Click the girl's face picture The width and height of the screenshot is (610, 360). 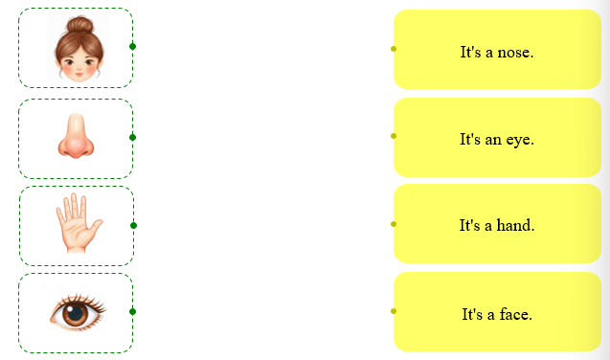pyautogui.click(x=79, y=49)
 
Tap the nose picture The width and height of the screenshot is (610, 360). pyautogui.click(x=76, y=136)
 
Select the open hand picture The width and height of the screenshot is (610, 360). pyautogui.click(x=79, y=223)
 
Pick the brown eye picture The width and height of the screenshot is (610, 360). pyautogui.click(x=78, y=312)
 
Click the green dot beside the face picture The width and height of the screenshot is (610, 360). pyautogui.click(x=133, y=47)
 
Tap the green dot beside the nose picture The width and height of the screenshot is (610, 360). pyautogui.click(x=133, y=137)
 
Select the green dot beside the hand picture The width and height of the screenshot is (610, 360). pyautogui.click(x=133, y=226)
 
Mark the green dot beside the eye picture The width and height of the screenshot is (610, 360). pyautogui.click(x=133, y=311)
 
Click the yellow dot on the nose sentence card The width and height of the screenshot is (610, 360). pyautogui.click(x=394, y=49)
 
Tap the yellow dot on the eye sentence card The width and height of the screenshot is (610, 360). pyautogui.click(x=394, y=136)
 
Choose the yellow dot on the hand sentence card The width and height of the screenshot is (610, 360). pyautogui.click(x=394, y=224)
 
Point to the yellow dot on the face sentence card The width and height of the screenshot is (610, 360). pyautogui.click(x=394, y=311)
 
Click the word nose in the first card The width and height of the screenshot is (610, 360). pyautogui.click(x=515, y=53)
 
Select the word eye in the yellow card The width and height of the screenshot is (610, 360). pyautogui.click(x=520, y=140)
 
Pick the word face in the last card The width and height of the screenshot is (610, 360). pyautogui.click(x=516, y=314)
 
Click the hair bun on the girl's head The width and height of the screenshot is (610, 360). pyautogui.click(x=79, y=24)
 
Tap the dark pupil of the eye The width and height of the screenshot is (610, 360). pyautogui.click(x=75, y=313)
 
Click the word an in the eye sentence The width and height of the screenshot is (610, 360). pyautogui.click(x=493, y=140)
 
